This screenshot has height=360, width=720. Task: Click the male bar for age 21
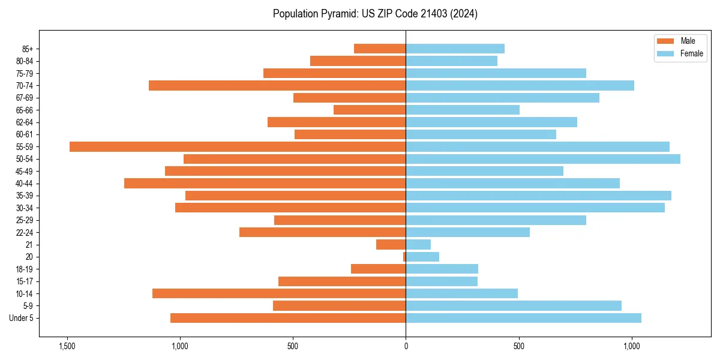click(391, 245)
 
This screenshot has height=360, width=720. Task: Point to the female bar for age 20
click(422, 257)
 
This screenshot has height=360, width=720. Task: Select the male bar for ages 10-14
click(279, 293)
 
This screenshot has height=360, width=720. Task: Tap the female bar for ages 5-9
click(514, 306)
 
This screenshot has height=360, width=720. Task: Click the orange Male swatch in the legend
click(665, 41)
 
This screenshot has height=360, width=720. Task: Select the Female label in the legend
click(691, 53)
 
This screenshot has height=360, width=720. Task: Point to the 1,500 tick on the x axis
click(67, 346)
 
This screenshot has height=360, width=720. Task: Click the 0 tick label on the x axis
click(406, 346)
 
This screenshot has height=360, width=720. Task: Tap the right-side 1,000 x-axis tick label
click(632, 346)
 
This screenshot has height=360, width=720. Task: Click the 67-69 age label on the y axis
click(25, 98)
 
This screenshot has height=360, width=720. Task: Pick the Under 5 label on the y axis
click(22, 318)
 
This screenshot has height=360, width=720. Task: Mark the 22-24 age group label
click(25, 233)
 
